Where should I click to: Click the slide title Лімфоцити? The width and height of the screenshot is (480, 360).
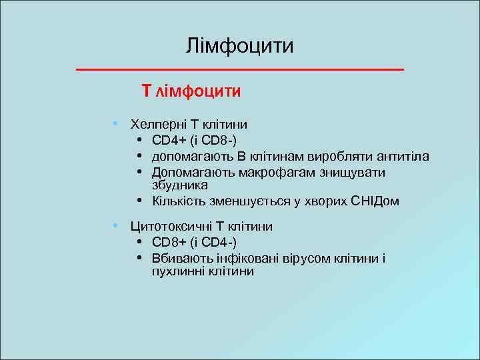coord(240,46)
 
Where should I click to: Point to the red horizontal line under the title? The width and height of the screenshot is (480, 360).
coord(240,69)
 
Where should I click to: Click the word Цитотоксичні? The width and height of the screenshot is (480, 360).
coord(167,227)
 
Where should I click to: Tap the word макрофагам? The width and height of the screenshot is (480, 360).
coord(257,173)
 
